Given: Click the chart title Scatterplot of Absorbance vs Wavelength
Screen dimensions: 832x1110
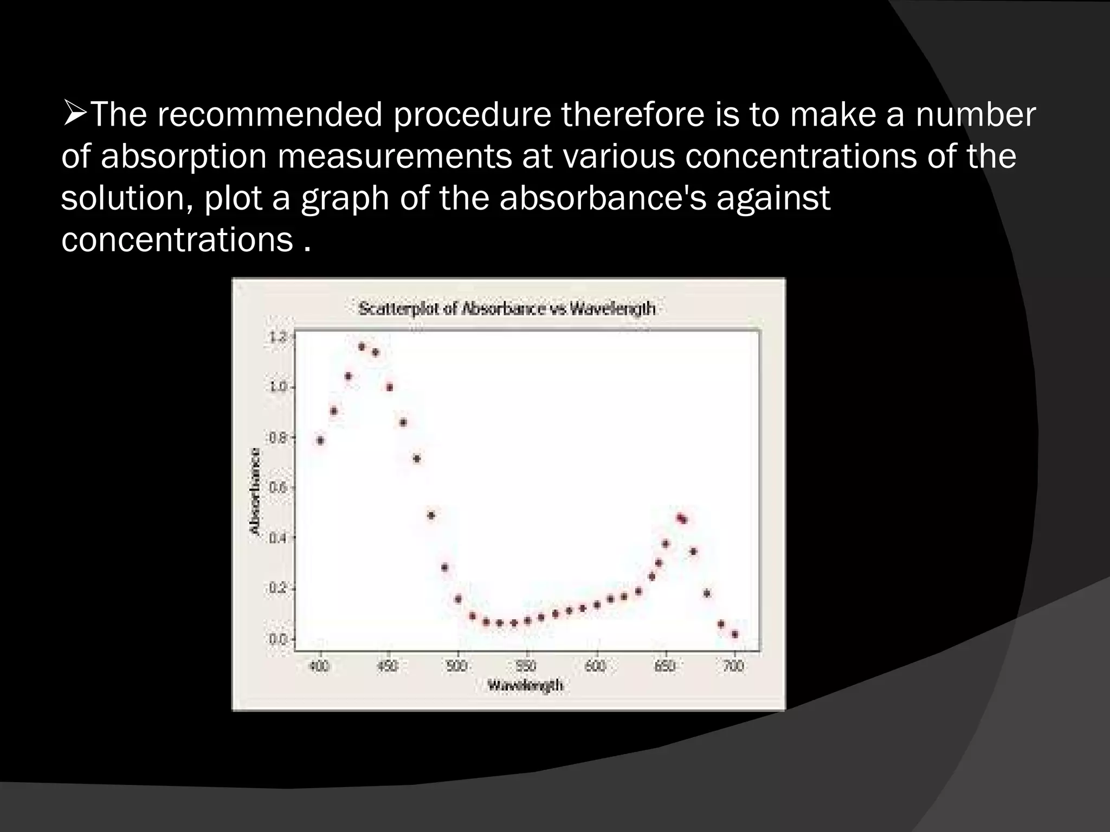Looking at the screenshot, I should click(507, 309).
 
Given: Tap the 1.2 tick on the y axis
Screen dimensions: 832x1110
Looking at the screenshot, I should click(277, 337).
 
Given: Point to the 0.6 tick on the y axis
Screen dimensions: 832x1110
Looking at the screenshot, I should click(277, 487).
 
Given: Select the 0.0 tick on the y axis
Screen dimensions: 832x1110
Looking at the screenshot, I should click(277, 639).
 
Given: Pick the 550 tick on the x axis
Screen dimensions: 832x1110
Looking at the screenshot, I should click(526, 666).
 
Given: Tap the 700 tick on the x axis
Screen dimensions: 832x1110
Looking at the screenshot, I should click(733, 666).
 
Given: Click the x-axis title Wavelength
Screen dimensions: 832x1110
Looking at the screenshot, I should click(525, 686).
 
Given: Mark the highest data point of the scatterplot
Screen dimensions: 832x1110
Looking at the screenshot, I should click(362, 347).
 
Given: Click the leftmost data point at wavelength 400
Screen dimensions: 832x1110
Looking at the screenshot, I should click(320, 440).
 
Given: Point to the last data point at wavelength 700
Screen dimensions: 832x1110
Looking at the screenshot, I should click(735, 634).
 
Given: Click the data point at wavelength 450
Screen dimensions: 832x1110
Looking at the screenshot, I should click(389, 387).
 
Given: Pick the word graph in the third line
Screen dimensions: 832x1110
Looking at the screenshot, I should click(345, 198).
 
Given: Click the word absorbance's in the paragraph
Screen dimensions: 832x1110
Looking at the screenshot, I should click(603, 198).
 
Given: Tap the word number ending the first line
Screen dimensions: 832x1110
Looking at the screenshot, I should click(976, 115).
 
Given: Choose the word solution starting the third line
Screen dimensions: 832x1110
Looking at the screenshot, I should click(127, 198).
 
